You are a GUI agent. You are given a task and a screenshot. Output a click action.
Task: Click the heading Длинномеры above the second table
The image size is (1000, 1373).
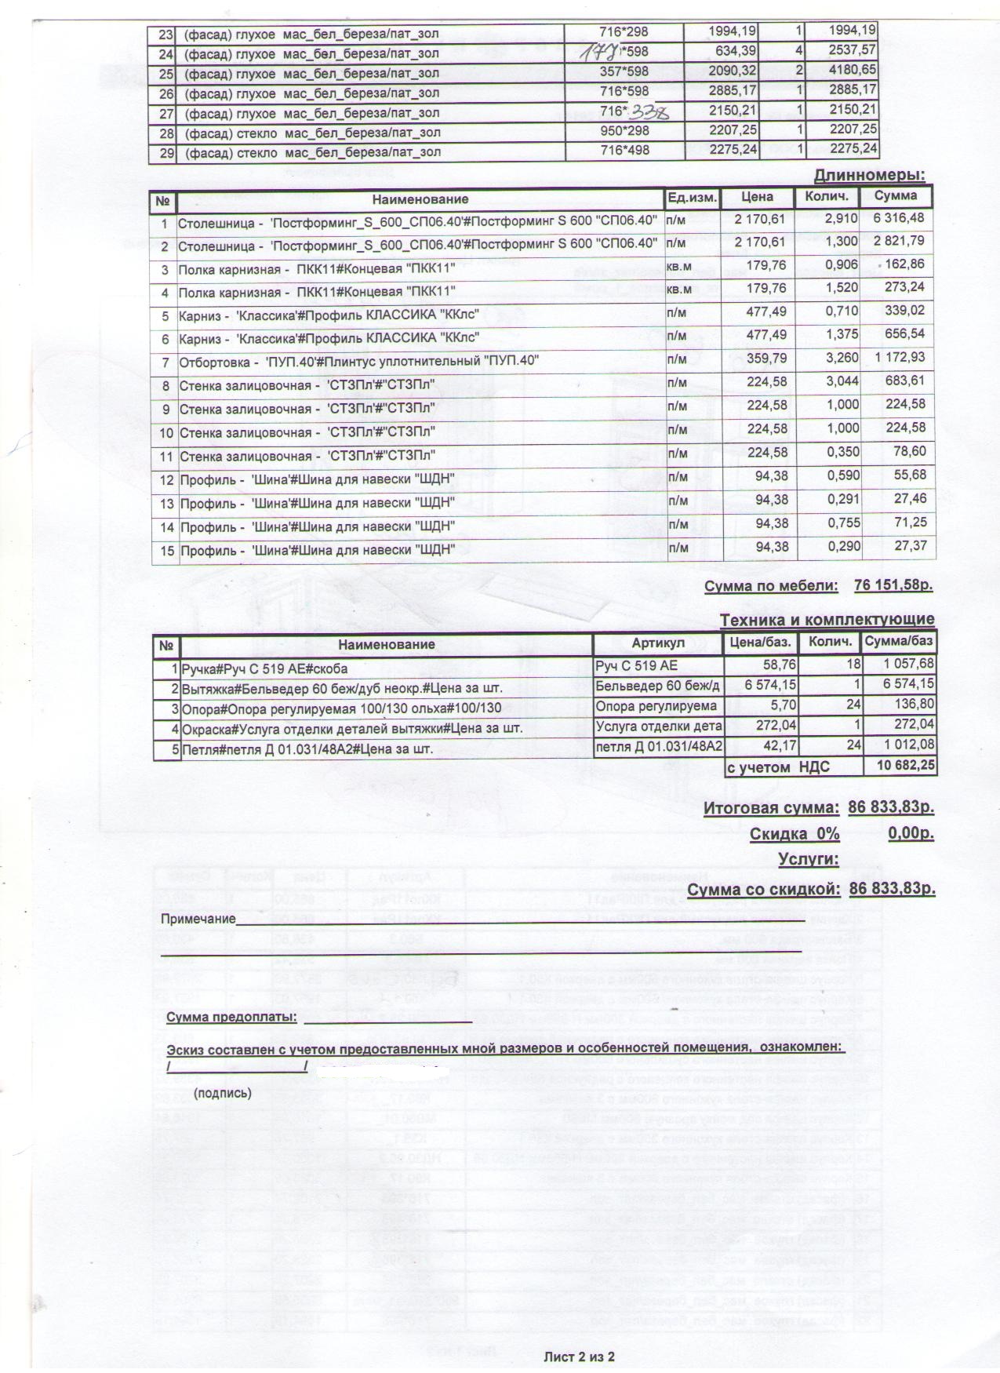point(869,175)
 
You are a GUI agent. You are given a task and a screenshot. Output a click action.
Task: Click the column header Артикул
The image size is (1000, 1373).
point(657,643)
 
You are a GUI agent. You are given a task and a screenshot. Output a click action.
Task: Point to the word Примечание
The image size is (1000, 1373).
point(198,919)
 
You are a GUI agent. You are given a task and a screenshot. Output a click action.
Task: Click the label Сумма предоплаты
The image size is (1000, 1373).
point(231,1018)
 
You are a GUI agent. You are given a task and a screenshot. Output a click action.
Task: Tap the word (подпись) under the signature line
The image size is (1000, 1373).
point(223,1093)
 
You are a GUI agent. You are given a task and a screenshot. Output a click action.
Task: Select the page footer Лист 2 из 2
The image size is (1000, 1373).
point(580,1356)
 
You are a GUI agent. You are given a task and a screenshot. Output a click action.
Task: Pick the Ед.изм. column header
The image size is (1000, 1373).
point(691,198)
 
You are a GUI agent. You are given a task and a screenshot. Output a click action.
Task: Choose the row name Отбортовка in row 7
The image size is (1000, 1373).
point(213,362)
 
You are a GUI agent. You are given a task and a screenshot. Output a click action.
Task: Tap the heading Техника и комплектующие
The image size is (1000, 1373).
point(827,621)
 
